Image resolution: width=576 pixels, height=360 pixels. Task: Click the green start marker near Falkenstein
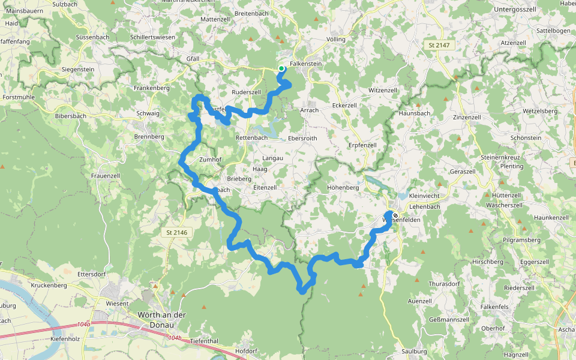coord(281,68)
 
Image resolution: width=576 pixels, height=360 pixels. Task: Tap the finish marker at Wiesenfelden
coord(395,216)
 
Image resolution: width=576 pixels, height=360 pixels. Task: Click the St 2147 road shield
coord(440,45)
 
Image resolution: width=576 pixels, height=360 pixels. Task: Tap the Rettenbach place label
coord(251,137)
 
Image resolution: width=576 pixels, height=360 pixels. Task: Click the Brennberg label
coord(149,137)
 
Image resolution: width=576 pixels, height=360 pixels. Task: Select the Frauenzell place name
coord(106,176)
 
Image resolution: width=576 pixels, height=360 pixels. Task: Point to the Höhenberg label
coord(343,187)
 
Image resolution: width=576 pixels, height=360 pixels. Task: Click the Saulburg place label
coord(414,351)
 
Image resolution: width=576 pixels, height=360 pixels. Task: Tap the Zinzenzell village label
coord(467,117)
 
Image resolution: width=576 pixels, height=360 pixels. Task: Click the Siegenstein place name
coord(78,69)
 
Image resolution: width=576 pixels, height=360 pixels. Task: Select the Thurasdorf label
coord(444,283)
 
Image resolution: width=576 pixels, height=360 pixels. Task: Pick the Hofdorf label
coord(246,351)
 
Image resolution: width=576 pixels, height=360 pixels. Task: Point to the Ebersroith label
coord(302,137)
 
